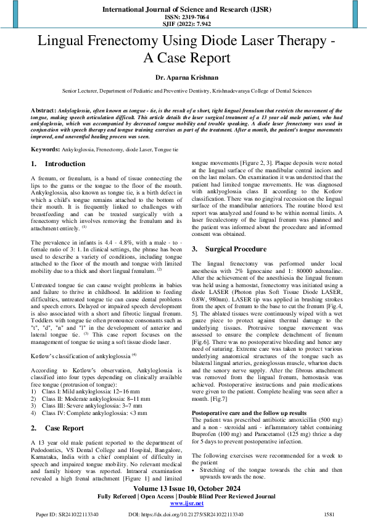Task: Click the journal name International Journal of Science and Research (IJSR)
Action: [x=183, y=10]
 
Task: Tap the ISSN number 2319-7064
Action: [x=183, y=18]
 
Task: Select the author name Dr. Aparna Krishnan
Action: [x=183, y=78]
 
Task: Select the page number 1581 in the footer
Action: [x=329, y=514]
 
